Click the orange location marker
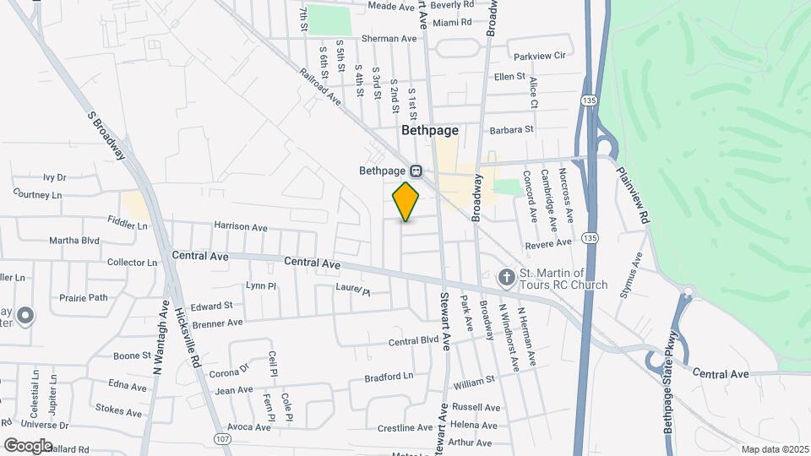pos(406,201)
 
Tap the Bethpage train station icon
pos(416,171)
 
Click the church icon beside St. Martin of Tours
pos(506,277)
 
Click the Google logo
pos(27,445)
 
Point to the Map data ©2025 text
pos(775,449)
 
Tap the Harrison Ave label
pos(240,227)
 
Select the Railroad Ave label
pos(319,86)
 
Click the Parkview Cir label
pos(539,56)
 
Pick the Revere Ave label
pos(547,244)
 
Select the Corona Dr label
pos(230,370)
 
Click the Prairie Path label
pos(84,297)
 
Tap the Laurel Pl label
pos(352,290)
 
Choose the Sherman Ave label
pos(389,39)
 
